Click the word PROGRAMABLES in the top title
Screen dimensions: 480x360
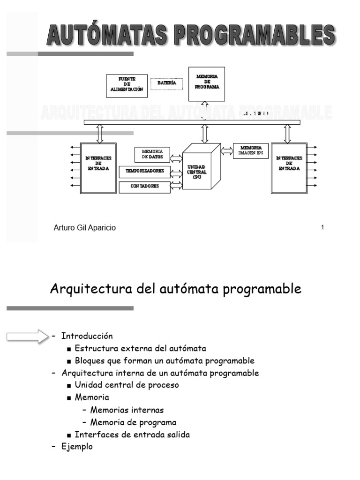(249, 35)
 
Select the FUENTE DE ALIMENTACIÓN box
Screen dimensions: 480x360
(126, 86)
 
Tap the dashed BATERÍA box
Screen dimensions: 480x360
(166, 83)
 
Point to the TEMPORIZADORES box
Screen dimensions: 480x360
(144, 172)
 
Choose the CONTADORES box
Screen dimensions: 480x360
(144, 187)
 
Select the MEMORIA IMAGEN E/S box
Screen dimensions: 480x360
(251, 150)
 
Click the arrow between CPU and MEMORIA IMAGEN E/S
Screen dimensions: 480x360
(227, 150)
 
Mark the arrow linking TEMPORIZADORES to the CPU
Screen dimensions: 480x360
(176, 172)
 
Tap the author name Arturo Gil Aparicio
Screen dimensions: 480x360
(85, 228)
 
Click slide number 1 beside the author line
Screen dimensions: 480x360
(322, 228)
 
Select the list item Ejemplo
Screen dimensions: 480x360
(77, 447)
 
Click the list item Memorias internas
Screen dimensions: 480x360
(127, 410)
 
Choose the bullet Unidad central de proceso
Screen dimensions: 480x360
(127, 385)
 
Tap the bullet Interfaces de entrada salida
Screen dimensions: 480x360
(132, 435)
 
